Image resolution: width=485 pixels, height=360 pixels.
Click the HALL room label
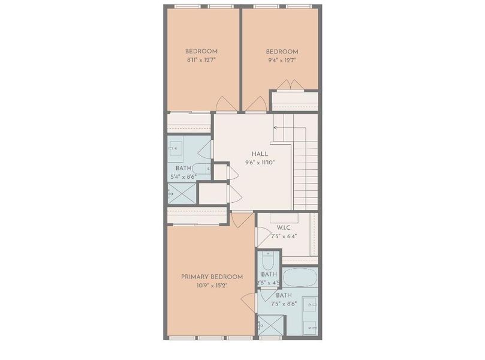(260, 154)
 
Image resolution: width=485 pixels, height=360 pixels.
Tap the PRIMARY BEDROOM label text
(212, 277)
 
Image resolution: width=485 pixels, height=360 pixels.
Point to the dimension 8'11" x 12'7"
(201, 60)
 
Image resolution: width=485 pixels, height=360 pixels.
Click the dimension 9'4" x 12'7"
(281, 60)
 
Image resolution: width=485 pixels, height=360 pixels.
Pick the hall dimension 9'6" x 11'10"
(260, 163)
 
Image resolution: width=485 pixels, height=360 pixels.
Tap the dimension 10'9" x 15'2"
(212, 286)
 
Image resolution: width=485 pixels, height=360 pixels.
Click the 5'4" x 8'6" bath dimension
(184, 177)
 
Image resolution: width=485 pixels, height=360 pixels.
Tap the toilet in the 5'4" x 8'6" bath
(203, 169)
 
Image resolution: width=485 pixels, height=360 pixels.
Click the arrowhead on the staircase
(275, 127)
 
